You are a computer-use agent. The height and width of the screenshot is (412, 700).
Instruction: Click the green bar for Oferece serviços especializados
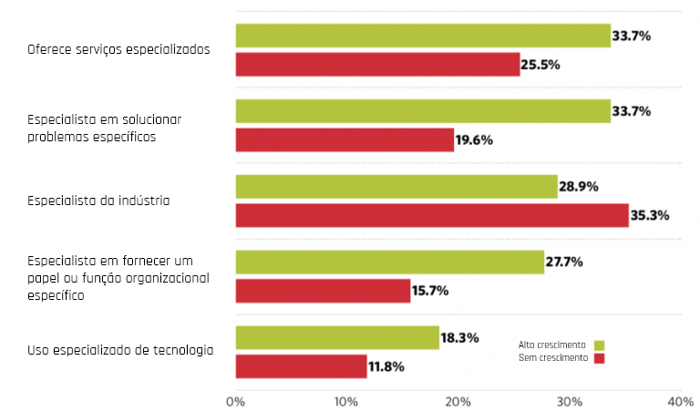(423, 36)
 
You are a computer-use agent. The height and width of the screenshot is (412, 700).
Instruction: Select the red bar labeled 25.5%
(377, 65)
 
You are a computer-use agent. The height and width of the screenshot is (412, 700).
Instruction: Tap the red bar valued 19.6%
(345, 139)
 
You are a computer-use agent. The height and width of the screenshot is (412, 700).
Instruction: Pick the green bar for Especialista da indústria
(396, 186)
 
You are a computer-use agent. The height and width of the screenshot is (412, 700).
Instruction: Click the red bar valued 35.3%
(432, 216)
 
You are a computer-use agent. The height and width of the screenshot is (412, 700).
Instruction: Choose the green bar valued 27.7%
(389, 262)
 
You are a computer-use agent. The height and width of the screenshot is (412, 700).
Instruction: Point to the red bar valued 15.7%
(323, 291)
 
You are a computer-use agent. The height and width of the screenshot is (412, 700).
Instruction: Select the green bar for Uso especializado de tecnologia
(337, 337)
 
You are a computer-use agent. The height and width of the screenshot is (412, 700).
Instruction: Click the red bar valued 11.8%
(301, 366)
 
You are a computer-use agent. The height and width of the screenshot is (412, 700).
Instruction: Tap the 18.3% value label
(460, 337)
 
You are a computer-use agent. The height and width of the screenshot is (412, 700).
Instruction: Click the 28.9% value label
(579, 186)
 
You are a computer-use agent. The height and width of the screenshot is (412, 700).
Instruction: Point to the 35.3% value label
(650, 216)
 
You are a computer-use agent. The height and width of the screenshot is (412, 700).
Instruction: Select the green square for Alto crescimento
(599, 345)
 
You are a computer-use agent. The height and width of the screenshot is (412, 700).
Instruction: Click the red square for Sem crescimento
(599, 358)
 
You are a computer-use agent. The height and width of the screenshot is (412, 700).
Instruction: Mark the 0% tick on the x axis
(235, 401)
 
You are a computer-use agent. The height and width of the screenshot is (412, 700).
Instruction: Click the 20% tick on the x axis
(458, 401)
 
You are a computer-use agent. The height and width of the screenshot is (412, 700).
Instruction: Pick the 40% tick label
(680, 401)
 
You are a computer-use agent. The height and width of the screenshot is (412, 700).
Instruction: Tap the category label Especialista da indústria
(98, 200)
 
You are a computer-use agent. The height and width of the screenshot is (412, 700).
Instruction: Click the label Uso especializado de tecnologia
(120, 350)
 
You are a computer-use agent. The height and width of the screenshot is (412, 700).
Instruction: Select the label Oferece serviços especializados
(118, 49)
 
